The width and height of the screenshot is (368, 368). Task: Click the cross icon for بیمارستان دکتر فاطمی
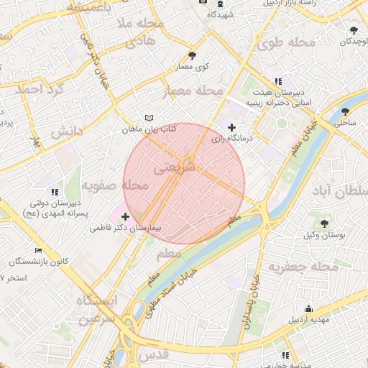[x=125, y=216]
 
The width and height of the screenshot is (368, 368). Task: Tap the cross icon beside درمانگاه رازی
[x=231, y=127]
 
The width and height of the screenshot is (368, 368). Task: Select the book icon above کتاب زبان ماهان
[x=149, y=117]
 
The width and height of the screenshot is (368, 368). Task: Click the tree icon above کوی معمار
[x=191, y=55]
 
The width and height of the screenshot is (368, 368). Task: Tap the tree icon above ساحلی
[x=346, y=111]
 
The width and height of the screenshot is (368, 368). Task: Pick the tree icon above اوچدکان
[x=354, y=30]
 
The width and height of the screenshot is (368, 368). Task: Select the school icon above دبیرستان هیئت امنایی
[x=278, y=82]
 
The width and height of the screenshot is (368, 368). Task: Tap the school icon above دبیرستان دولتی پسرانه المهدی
[x=55, y=192]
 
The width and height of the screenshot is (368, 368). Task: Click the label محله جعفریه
[x=303, y=267]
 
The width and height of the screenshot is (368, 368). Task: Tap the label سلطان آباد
[x=342, y=193]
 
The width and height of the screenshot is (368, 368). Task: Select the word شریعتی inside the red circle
[x=175, y=166]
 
